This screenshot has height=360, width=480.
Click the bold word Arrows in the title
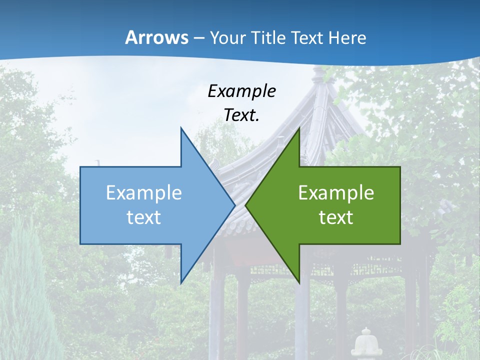157,38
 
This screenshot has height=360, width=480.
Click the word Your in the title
227,38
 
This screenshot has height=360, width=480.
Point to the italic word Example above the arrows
241,91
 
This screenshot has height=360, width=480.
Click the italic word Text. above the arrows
241,115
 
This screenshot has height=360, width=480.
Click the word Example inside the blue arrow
144,193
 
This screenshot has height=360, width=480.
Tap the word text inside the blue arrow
144,217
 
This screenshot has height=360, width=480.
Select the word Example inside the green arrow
336,193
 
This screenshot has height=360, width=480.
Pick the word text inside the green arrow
336,217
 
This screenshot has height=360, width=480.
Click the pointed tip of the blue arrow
234,205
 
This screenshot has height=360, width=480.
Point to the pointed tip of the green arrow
246,205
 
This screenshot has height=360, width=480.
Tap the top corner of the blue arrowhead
181,128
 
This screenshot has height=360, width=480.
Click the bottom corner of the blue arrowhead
181,283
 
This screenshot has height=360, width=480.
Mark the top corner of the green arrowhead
299,128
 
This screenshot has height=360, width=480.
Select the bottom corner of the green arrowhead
299,283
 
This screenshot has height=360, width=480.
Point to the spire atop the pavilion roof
318,75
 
